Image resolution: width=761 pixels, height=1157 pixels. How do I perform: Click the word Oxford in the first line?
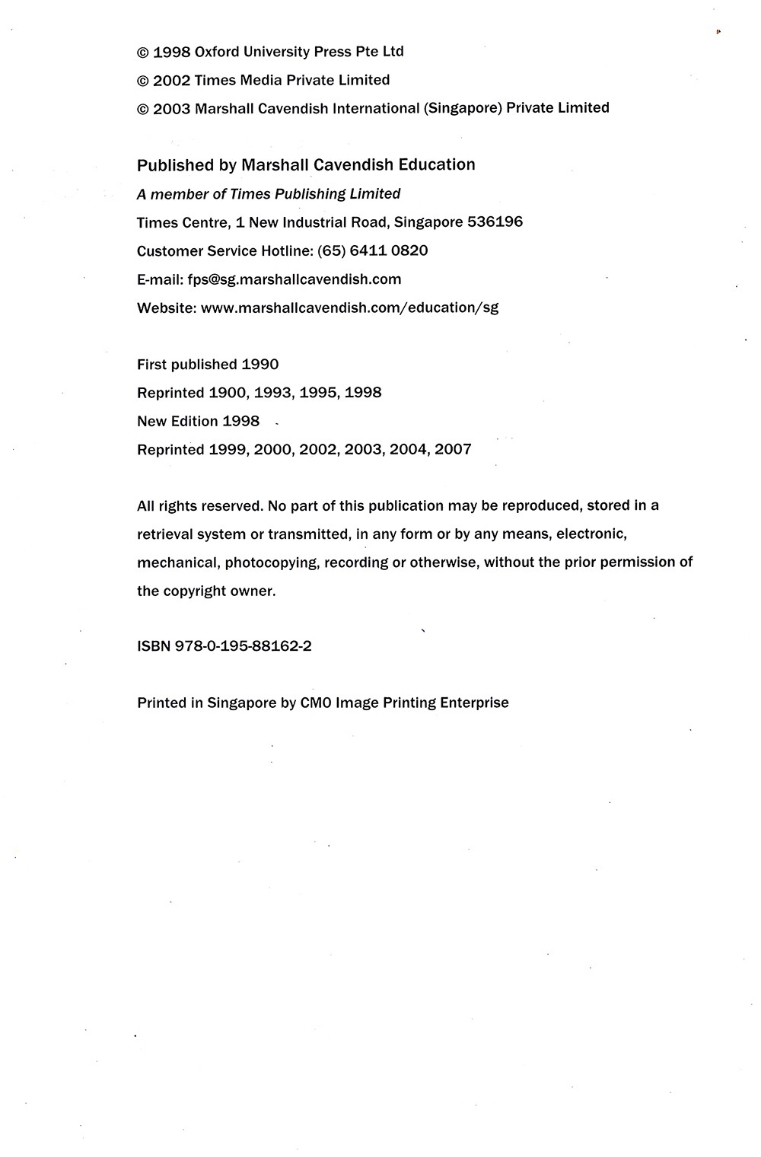coord(217,52)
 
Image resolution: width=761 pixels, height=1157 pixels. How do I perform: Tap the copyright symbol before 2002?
coord(142,81)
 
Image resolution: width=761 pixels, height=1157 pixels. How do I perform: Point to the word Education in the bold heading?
coord(437,164)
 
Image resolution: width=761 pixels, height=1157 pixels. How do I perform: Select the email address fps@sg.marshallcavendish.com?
coord(294,279)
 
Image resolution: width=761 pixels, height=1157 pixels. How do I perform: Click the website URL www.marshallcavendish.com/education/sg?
coord(349,308)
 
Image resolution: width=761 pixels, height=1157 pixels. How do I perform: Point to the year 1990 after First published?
coord(260,365)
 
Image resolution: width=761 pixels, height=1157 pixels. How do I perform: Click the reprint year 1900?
coord(228,393)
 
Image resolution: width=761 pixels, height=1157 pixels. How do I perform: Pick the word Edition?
coord(193,421)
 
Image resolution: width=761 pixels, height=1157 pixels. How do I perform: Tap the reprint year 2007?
coord(453,449)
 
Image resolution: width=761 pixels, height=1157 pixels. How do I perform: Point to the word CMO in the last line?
coord(316,703)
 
